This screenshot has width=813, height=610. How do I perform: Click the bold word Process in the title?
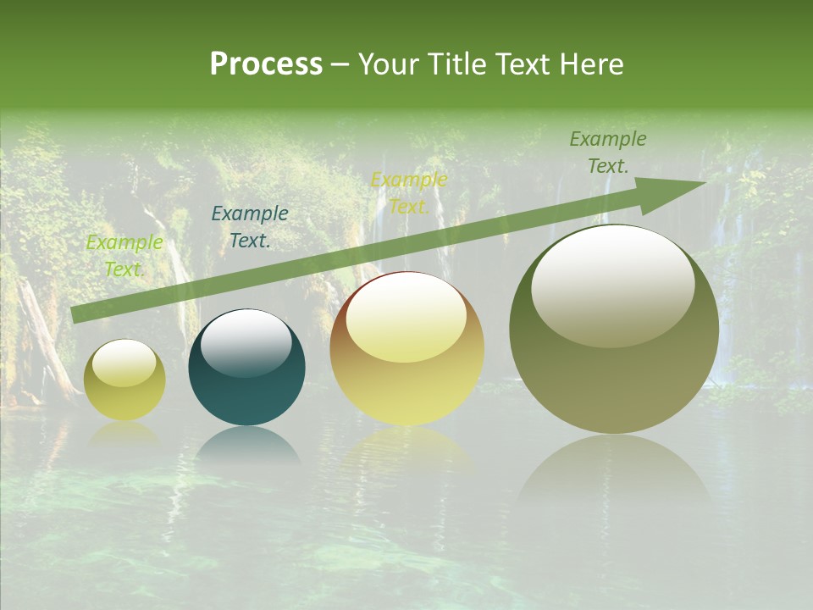tap(266, 64)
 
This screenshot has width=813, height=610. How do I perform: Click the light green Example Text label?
tap(124, 256)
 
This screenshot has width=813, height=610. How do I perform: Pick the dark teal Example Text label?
tap(249, 227)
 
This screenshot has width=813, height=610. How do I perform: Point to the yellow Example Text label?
tap(409, 193)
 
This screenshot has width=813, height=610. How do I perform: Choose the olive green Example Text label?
tap(607, 152)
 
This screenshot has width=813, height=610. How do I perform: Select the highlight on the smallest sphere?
tap(124, 363)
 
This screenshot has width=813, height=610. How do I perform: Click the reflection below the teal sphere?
tap(246, 445)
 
